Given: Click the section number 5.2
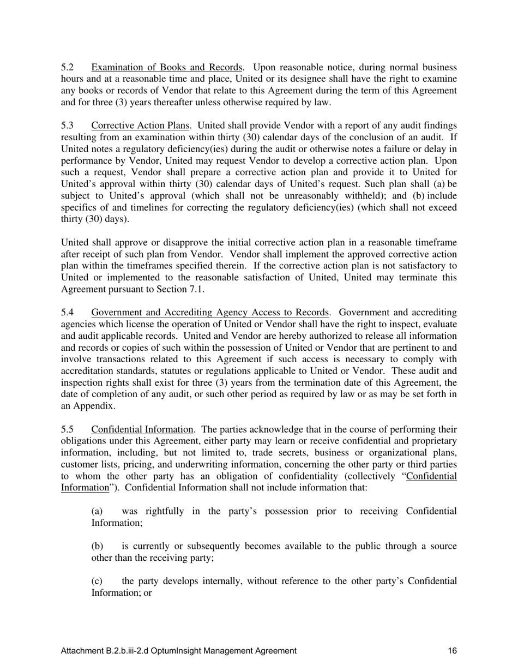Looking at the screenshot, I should [x=67, y=68].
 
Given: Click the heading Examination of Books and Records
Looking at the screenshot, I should [x=167, y=68].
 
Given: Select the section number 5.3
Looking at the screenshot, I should [x=67, y=126].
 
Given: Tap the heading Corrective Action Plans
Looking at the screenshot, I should [x=140, y=126].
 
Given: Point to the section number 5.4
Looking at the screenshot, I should [x=67, y=313].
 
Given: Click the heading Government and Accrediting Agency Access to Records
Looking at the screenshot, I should [x=210, y=313].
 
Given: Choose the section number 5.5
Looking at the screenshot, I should [x=67, y=430].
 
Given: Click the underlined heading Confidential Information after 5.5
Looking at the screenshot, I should [x=142, y=430].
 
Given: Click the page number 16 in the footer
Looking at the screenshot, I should [x=452, y=651].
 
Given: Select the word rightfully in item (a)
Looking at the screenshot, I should [x=156, y=511].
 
